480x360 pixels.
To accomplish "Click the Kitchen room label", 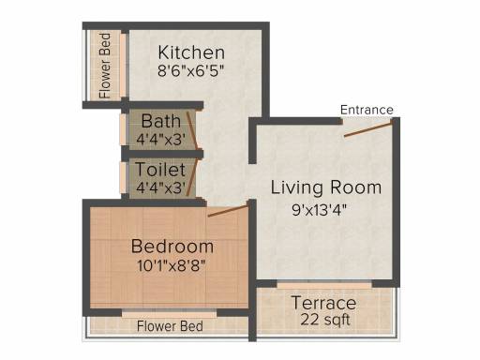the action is pos(191,52).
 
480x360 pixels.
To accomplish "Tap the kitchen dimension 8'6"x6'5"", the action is pos(191,71).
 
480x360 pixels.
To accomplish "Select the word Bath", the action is pos(161,121).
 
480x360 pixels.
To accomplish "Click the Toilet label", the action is pos(160,170).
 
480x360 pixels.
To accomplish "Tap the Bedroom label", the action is pos(172,246).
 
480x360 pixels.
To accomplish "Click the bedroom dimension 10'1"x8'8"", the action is pos(172,266).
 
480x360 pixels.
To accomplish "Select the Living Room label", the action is pos(326,187).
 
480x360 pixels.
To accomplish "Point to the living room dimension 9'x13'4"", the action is pos(320,210).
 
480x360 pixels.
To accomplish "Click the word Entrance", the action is pos(367,110).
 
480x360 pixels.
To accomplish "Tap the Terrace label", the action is pos(323,303).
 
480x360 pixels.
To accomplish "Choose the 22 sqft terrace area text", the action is pos(325,320).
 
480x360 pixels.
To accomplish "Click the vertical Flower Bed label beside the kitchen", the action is pos(104,66).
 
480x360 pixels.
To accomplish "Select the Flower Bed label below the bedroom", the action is pos(170,326).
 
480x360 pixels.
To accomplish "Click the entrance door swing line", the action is pos(368,129).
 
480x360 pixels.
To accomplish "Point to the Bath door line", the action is pos(192,130).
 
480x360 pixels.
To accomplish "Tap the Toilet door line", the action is pos(192,177).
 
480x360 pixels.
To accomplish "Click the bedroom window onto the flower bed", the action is pos(169,313).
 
